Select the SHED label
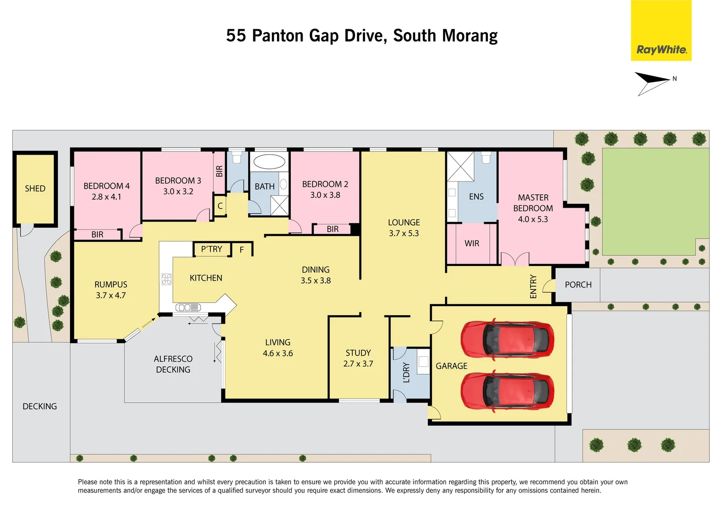[x=35, y=189]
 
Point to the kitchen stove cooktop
[x=166, y=279]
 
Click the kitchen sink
[x=188, y=308]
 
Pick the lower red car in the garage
[x=507, y=391]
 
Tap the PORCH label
[x=578, y=285]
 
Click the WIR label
[x=471, y=244]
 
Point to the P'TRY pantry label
[x=211, y=249]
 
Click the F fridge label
[x=242, y=250]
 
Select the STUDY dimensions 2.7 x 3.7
[x=358, y=364]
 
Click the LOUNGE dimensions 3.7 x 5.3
[x=404, y=233]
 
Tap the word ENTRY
[x=533, y=286]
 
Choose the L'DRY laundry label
[x=406, y=372]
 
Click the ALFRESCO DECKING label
[x=173, y=364]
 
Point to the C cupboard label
[x=220, y=206]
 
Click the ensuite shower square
[x=460, y=166]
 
